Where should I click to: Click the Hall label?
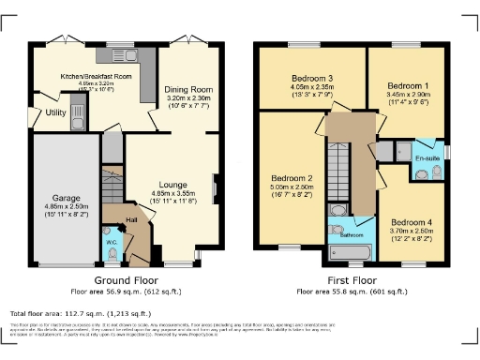pos(132,220)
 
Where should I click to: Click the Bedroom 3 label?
pos(312,77)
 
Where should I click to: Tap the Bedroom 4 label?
pos(407,222)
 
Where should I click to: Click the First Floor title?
pos(352,280)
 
